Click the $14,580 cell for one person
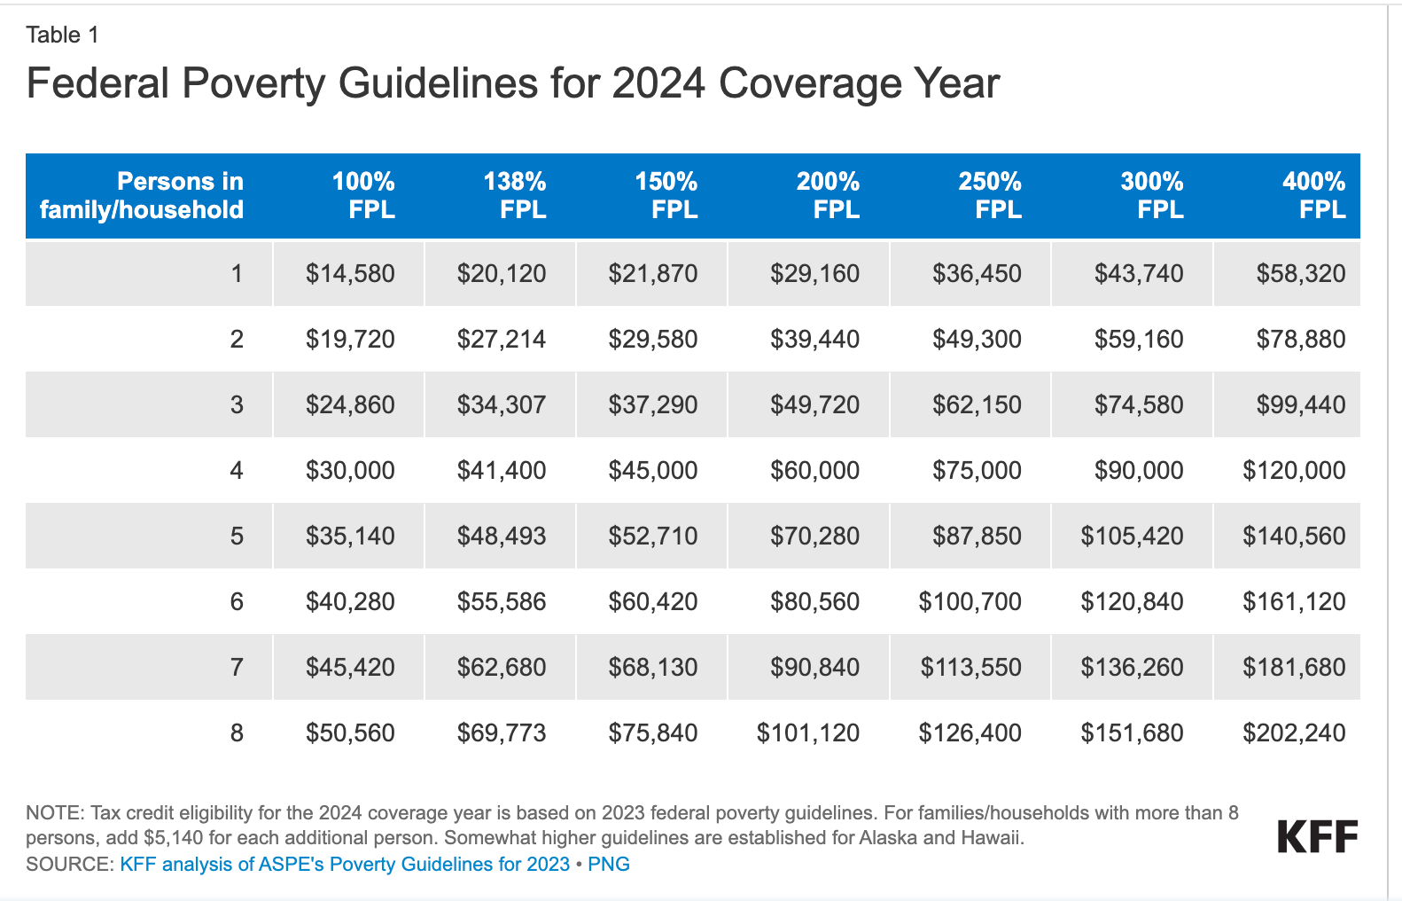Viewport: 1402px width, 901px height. point(350,273)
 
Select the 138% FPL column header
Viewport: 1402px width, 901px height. point(515,195)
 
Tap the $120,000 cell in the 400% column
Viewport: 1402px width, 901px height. point(1294,470)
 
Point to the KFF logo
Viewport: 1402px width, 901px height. point(1317,836)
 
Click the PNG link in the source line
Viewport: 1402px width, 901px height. point(609,864)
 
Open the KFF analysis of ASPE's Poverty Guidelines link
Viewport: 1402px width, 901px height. point(345,864)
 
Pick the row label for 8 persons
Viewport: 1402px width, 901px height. point(237,733)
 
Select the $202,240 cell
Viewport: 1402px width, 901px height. point(1294,733)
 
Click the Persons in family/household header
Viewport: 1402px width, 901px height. point(142,195)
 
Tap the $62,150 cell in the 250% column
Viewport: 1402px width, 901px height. point(977,404)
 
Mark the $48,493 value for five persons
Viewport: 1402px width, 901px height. point(502,536)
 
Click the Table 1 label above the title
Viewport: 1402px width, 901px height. point(62,35)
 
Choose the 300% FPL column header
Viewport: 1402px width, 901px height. point(1152,195)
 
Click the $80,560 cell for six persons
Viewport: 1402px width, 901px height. point(814,601)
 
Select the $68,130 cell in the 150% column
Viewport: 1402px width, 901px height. point(653,667)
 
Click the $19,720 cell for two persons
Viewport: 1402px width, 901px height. point(350,339)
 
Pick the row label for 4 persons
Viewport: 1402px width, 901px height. point(237,470)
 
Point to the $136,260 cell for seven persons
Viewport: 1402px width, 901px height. point(1132,667)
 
